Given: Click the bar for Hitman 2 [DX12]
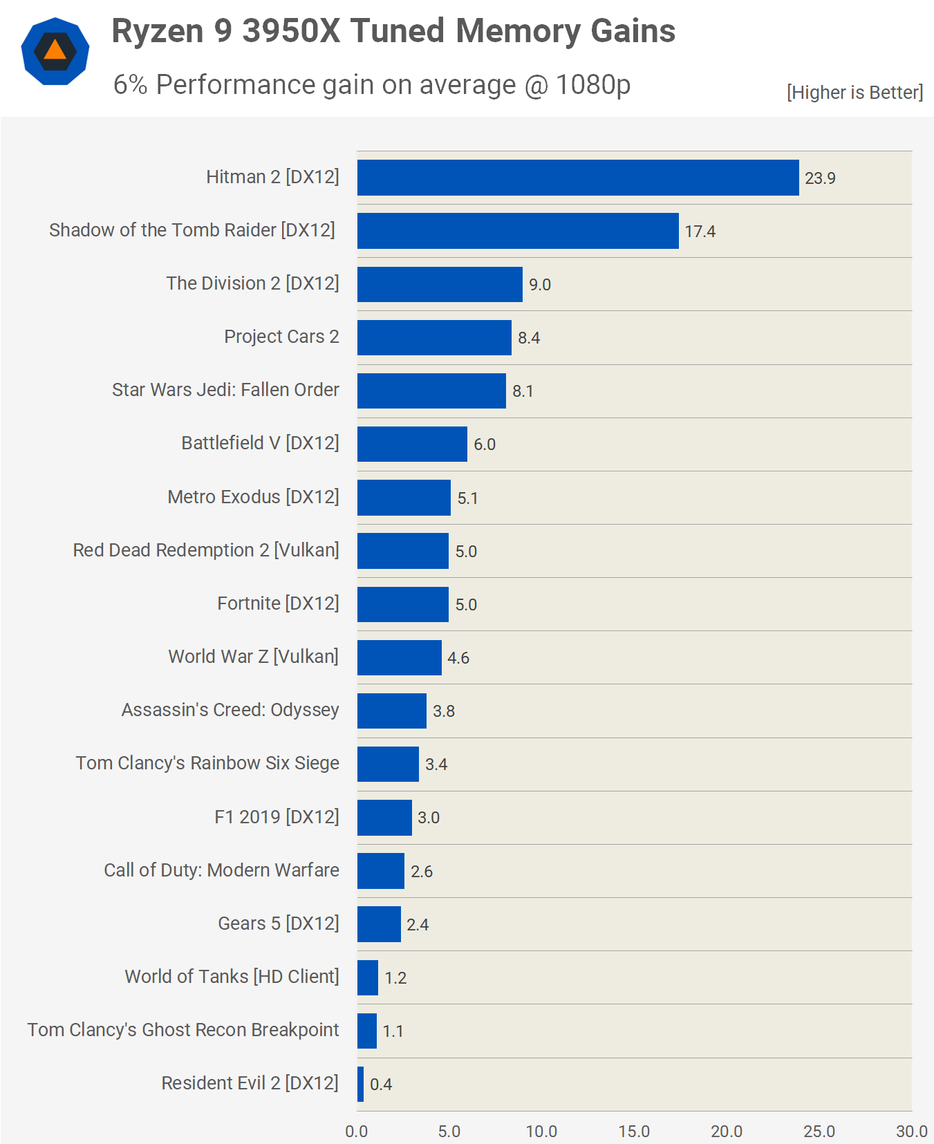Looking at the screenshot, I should click(x=578, y=178).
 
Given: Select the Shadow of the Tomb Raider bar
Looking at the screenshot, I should click(x=518, y=231).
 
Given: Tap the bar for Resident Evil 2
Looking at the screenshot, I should click(x=361, y=1084).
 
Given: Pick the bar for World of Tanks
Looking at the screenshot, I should click(x=368, y=977).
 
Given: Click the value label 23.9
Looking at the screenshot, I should click(x=820, y=178).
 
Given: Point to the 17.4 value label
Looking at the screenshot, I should click(x=700, y=232).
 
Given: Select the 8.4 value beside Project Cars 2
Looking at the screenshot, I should click(x=529, y=338).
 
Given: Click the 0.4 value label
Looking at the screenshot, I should click(x=381, y=1085).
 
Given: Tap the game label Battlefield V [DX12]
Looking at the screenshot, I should click(x=260, y=443).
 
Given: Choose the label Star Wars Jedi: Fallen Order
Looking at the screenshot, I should click(x=225, y=390).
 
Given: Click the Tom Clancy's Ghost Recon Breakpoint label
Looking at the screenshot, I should click(x=183, y=1030).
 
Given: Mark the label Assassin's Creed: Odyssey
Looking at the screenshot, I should click(x=230, y=710).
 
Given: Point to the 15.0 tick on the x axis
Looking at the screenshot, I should click(x=634, y=1132).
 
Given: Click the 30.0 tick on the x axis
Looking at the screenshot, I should click(x=911, y=1132).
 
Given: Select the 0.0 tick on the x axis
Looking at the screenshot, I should click(x=357, y=1132).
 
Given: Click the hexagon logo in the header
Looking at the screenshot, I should click(x=55, y=51).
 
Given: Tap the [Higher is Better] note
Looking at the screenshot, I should click(x=854, y=93).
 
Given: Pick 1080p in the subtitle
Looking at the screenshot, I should click(x=593, y=85).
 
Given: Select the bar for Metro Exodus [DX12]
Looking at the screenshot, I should click(x=404, y=498).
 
